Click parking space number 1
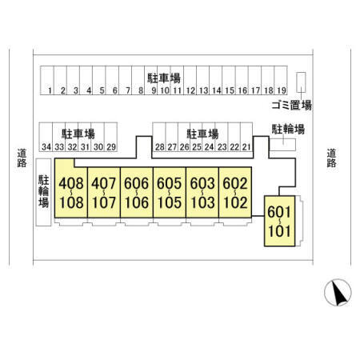(x=47, y=80)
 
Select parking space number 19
(x=281, y=80)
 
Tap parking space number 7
(x=125, y=80)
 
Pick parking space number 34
(x=46, y=137)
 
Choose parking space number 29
(x=111, y=137)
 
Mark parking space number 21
(x=246, y=137)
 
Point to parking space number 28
(x=159, y=137)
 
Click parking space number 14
(x=216, y=80)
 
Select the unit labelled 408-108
(x=71, y=188)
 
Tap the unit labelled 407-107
(x=104, y=193)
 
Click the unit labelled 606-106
(x=137, y=193)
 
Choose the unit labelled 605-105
(x=170, y=193)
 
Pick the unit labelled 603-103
(x=202, y=193)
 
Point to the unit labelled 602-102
(x=235, y=193)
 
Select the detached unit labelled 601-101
(x=279, y=221)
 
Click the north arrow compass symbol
(x=338, y=293)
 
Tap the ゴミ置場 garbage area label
(x=291, y=106)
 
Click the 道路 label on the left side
(x=22, y=158)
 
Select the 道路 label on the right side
(x=331, y=158)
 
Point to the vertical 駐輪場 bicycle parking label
(x=43, y=191)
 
